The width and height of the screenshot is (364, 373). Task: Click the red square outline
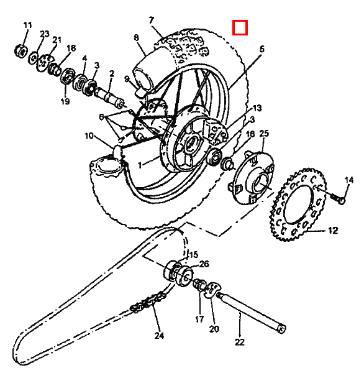(x=240, y=27)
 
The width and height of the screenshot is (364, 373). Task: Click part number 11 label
(x=27, y=25)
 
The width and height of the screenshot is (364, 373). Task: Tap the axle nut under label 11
(x=21, y=51)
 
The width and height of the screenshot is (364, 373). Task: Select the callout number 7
(x=152, y=21)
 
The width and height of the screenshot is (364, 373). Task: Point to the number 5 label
(x=262, y=49)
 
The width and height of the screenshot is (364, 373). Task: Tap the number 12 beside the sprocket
(x=333, y=230)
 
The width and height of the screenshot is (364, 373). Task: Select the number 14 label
(x=349, y=180)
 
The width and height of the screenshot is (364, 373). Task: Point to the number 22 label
(x=240, y=342)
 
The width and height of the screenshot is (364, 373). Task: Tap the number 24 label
(x=159, y=336)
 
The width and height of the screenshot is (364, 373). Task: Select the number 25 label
(x=264, y=134)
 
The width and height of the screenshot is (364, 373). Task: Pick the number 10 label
(x=89, y=136)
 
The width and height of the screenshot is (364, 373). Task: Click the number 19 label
(x=65, y=101)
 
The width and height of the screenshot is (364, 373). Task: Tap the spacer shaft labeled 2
(x=110, y=98)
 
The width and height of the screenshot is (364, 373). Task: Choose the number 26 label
(x=204, y=264)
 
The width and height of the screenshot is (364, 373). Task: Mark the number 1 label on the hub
(x=140, y=165)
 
